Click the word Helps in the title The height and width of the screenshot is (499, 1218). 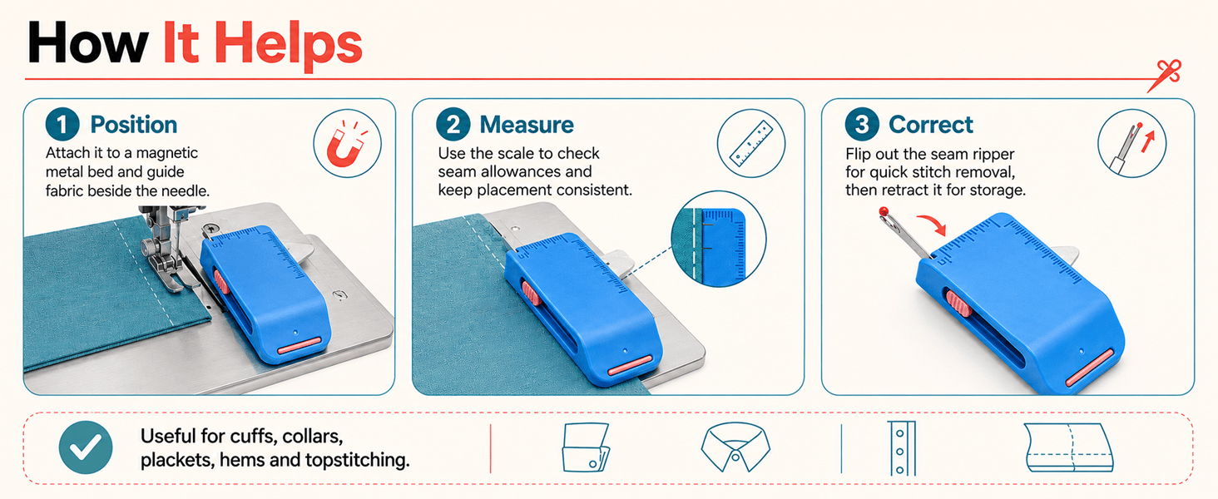pos(288,45)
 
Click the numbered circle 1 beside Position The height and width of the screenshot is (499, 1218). pos(62,125)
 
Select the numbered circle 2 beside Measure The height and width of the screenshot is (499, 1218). pos(453,125)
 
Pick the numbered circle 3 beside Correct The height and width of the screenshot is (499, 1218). pos(862,125)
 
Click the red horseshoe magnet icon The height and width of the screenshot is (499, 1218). pos(346,144)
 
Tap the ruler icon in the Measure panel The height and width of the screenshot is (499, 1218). pos(751,143)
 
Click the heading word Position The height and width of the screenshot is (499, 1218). pos(134,125)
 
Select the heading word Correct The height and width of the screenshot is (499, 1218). pos(931,125)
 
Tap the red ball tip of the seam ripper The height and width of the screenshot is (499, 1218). pos(884,211)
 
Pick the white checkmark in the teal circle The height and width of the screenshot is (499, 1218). pos(86,447)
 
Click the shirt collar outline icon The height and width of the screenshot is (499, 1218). pos(735,447)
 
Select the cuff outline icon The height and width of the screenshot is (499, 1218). pos(585,447)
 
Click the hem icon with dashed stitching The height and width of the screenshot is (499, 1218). pos(1069,447)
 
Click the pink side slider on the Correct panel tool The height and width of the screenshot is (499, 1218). pos(958,304)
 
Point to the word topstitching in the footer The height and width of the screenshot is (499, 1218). pos(357,461)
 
